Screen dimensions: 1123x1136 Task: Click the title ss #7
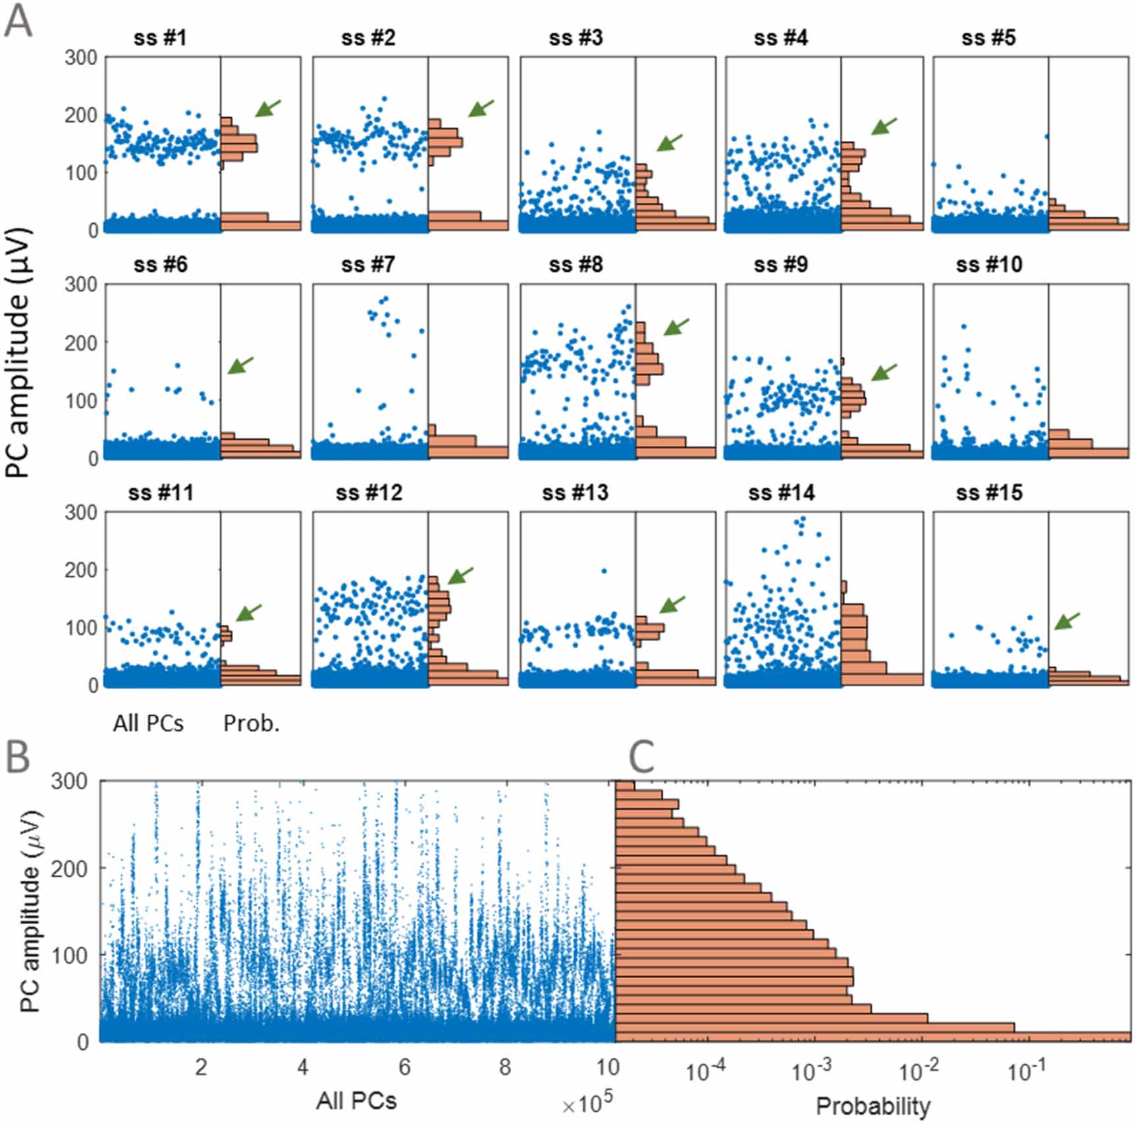[x=368, y=265]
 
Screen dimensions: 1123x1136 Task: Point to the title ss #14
[x=781, y=492]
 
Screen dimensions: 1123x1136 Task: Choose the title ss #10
[x=988, y=265]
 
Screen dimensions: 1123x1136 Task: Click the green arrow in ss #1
[x=268, y=109]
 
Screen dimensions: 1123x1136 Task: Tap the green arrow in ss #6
[x=240, y=365]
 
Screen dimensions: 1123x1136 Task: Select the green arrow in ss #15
[x=1067, y=621]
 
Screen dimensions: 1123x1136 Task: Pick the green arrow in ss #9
[x=884, y=373]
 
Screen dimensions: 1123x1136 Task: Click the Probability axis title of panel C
[x=873, y=1106]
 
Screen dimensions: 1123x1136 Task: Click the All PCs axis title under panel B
[x=356, y=1101]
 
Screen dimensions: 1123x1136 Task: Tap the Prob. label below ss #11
[x=252, y=723]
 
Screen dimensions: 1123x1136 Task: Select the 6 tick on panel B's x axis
[x=404, y=1067]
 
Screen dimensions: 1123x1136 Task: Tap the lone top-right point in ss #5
[x=1046, y=137]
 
